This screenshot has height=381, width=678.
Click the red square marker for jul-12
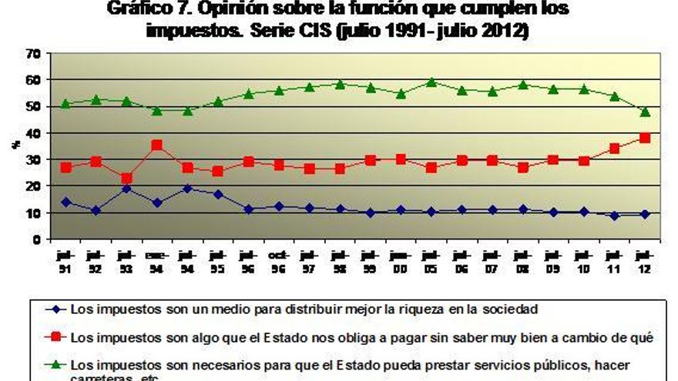click(645, 138)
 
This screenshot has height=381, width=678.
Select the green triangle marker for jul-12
click(645, 112)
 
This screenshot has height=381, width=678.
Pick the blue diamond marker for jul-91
click(65, 202)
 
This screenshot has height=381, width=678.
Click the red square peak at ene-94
click(156, 145)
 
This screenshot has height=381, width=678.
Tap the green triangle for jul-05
click(431, 82)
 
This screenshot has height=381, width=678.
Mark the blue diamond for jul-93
click(126, 189)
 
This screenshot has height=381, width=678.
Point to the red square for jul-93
click(126, 178)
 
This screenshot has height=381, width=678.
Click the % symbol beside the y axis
click(16, 143)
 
